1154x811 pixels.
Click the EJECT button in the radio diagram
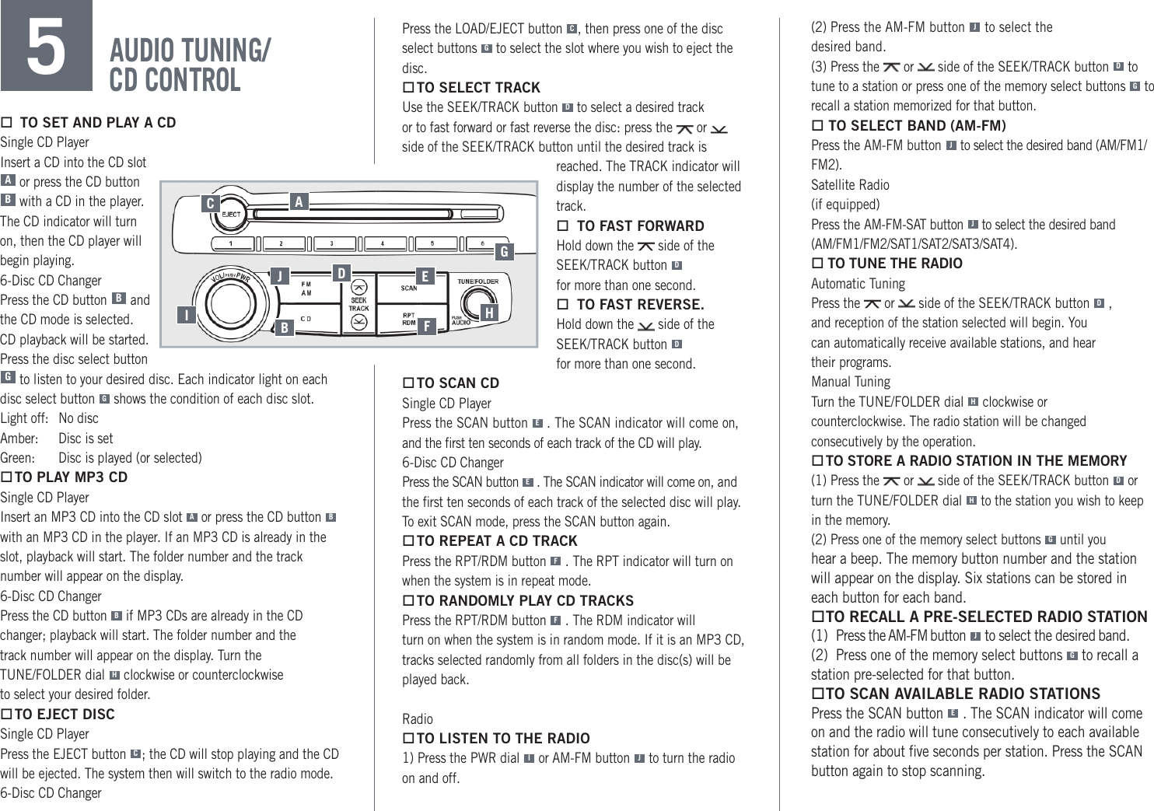pyautogui.click(x=231, y=214)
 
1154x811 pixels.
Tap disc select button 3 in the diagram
pyautogui.click(x=332, y=244)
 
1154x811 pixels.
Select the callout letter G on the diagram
pyautogui.click(x=504, y=251)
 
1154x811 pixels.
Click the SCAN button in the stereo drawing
pyautogui.click(x=410, y=288)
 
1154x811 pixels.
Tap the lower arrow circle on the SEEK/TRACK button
pyautogui.click(x=358, y=322)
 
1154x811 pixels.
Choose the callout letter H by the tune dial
pyautogui.click(x=488, y=313)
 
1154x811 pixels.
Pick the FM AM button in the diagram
pyautogui.click(x=307, y=288)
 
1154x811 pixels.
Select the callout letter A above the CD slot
pyautogui.click(x=299, y=202)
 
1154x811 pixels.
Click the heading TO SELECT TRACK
pyautogui.click(x=477, y=88)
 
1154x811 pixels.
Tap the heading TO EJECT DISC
pyautogui.click(x=64, y=715)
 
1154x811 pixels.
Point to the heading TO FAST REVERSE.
pyautogui.click(x=640, y=305)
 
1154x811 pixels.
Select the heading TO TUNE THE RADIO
pyautogui.click(x=894, y=264)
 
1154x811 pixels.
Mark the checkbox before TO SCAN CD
pyautogui.click(x=407, y=383)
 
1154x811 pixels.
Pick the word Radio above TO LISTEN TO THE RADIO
pyautogui.click(x=417, y=719)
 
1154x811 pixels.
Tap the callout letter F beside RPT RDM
pyautogui.click(x=425, y=326)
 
